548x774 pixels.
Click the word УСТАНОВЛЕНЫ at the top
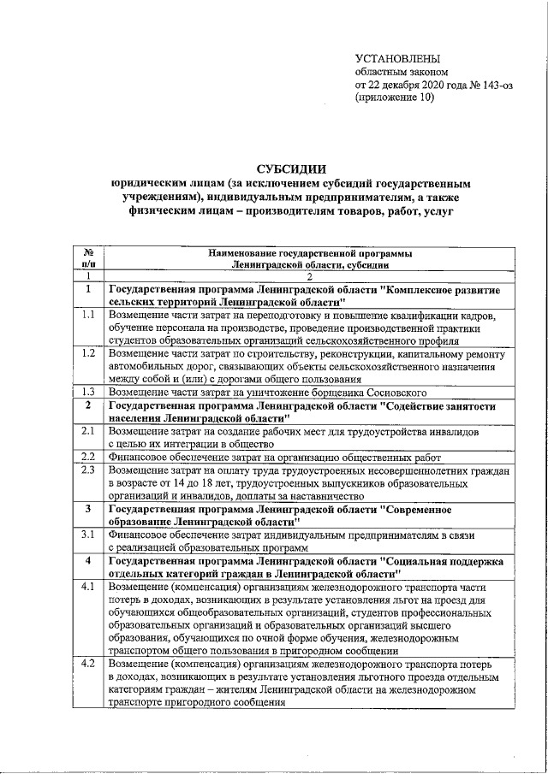(398, 58)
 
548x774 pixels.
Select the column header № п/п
(87, 259)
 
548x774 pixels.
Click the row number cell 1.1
(87, 315)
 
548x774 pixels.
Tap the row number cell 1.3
(87, 391)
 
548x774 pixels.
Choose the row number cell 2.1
(87, 432)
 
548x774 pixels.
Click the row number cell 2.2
(87, 457)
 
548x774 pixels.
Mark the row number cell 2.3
(87, 470)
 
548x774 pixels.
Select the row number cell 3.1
(87, 535)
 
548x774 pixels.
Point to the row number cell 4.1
(87, 588)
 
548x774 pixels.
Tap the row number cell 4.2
(87, 664)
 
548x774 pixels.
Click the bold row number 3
(87, 509)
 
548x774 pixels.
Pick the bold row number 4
(87, 561)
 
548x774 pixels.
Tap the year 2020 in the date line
(424, 86)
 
